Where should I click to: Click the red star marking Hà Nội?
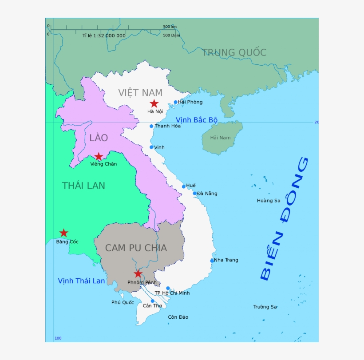[x=154, y=103]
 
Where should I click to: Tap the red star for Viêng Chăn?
[x=99, y=156]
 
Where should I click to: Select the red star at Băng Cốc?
[x=63, y=233]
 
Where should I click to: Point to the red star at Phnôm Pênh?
[x=138, y=273]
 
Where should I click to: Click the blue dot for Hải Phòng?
[x=175, y=102]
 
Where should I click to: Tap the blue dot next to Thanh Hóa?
[x=151, y=126]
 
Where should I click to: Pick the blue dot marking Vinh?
[x=151, y=147]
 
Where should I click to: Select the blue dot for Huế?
[x=184, y=186]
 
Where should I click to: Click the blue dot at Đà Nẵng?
[x=194, y=193]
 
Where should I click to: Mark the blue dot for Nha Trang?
[x=212, y=261]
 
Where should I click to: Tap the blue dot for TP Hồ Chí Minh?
[x=168, y=288]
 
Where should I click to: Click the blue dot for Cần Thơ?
[x=152, y=301]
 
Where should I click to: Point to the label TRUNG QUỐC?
[x=234, y=52]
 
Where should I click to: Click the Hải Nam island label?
[x=221, y=138]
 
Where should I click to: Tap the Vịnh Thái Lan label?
[x=81, y=281]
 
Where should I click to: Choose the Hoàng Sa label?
[x=269, y=201]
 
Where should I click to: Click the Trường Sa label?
[x=265, y=307]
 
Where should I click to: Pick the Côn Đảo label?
[x=178, y=317]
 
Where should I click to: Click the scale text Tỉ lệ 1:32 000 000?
[x=104, y=36]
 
